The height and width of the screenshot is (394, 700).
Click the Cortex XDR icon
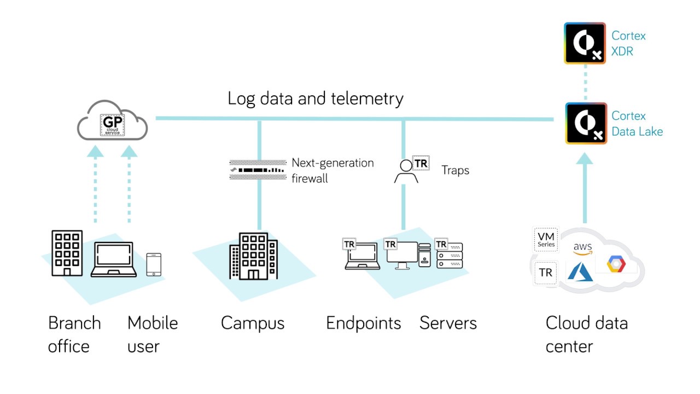[585, 43]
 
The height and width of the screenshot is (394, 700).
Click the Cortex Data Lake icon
[586, 123]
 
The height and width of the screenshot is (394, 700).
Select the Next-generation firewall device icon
[258, 170]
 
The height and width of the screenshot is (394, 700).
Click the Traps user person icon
[406, 171]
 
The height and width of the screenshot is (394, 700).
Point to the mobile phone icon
[154, 264]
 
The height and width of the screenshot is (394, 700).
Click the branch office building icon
[67, 253]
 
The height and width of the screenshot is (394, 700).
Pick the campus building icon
[253, 256]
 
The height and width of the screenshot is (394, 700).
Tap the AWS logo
[582, 249]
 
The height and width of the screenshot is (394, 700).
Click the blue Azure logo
[580, 272]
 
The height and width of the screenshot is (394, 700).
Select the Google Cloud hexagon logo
[616, 264]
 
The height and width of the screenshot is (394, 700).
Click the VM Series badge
[546, 240]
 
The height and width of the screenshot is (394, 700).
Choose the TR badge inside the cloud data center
[546, 273]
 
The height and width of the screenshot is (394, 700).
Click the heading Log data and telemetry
[316, 99]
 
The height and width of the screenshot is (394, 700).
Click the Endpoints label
[364, 323]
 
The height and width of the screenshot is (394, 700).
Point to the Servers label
[448, 323]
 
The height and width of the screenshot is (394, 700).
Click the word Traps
[456, 171]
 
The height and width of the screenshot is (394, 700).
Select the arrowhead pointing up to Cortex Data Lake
[585, 158]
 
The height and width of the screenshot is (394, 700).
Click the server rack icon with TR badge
[449, 255]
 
